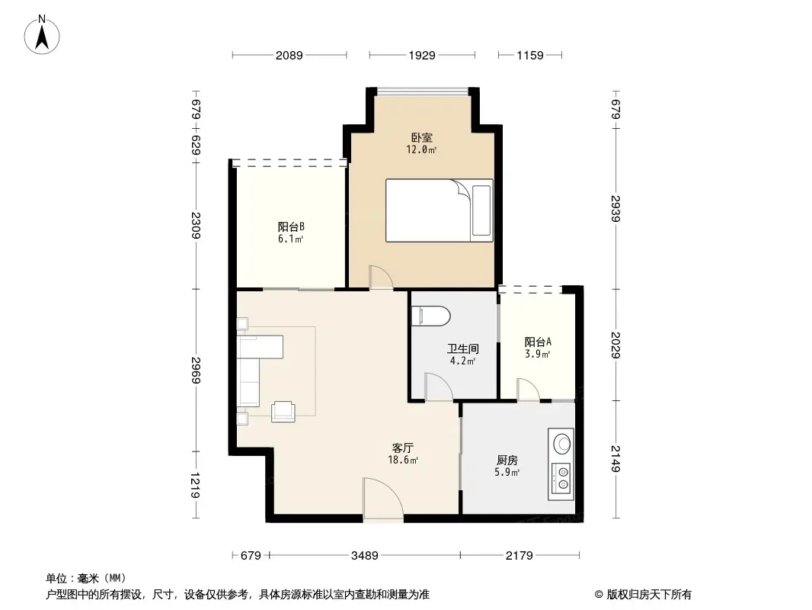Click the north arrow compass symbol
click(43, 34)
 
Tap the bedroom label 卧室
click(421, 138)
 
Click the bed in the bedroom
click(439, 210)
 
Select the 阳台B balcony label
click(291, 226)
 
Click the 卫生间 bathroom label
click(462, 349)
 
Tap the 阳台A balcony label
click(537, 342)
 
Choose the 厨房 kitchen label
click(507, 461)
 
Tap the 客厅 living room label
click(403, 448)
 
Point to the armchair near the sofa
click(283, 411)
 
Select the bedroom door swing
click(380, 278)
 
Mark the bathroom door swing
click(438, 387)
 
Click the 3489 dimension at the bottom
click(365, 556)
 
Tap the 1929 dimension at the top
click(421, 55)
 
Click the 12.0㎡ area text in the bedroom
click(421, 150)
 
